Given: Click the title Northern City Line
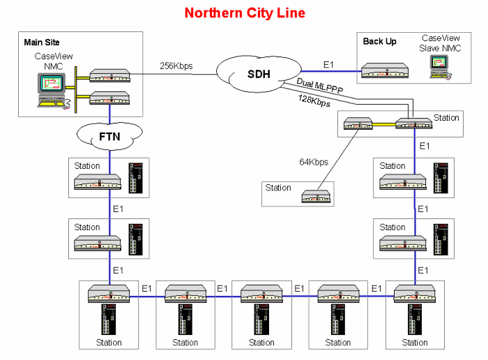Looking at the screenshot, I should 244,13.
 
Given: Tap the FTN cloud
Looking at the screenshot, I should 110,136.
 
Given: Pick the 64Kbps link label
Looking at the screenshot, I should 314,163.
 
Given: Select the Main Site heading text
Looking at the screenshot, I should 42,43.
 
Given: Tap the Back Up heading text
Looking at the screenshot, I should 379,41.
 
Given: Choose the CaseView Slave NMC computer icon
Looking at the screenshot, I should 439,66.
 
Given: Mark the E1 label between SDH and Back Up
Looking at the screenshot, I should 328,64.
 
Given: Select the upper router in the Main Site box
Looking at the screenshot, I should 110,74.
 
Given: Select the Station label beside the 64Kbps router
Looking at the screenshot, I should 278,188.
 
